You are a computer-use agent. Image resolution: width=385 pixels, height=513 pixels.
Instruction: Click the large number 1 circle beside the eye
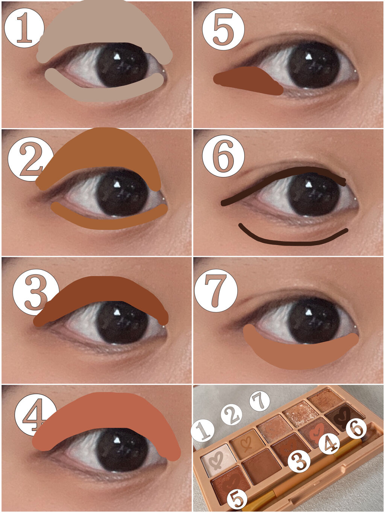[x=24, y=28]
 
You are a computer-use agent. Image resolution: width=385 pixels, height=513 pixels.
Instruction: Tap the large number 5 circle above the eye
[x=223, y=29]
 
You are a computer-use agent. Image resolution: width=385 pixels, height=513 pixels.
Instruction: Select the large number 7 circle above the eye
[x=216, y=290]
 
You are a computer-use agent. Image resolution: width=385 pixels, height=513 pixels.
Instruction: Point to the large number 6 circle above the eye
[x=223, y=156]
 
